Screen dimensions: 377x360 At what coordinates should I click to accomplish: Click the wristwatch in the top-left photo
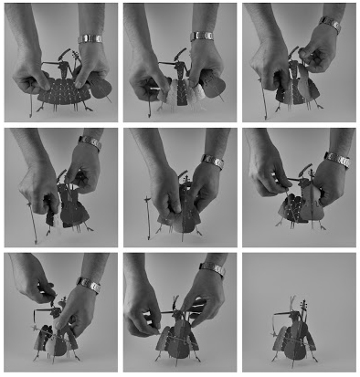[x=91, y=38]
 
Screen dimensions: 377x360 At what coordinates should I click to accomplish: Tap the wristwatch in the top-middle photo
[x=203, y=36]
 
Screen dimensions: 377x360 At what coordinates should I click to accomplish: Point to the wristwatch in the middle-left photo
[x=90, y=143]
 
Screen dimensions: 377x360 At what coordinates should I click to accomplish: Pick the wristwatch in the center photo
[x=212, y=161]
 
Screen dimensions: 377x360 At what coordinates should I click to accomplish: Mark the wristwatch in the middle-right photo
[x=336, y=160]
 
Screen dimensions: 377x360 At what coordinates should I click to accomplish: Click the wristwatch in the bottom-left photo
[x=89, y=285]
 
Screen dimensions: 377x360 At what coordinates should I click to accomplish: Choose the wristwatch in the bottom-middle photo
[x=212, y=269]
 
